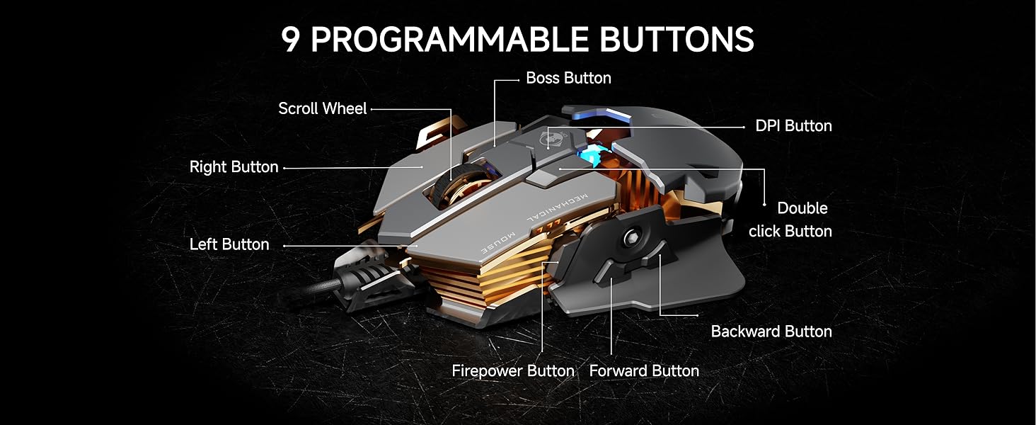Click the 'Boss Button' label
click(568, 78)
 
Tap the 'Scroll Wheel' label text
click(323, 108)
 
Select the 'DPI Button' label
click(793, 126)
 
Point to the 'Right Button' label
click(234, 167)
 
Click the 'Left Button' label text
click(229, 244)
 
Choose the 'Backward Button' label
click(771, 331)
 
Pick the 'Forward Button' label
click(644, 371)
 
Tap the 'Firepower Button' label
click(513, 371)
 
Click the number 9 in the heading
click(291, 40)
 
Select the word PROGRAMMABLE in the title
click(449, 40)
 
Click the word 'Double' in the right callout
click(802, 208)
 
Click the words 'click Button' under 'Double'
click(790, 232)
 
